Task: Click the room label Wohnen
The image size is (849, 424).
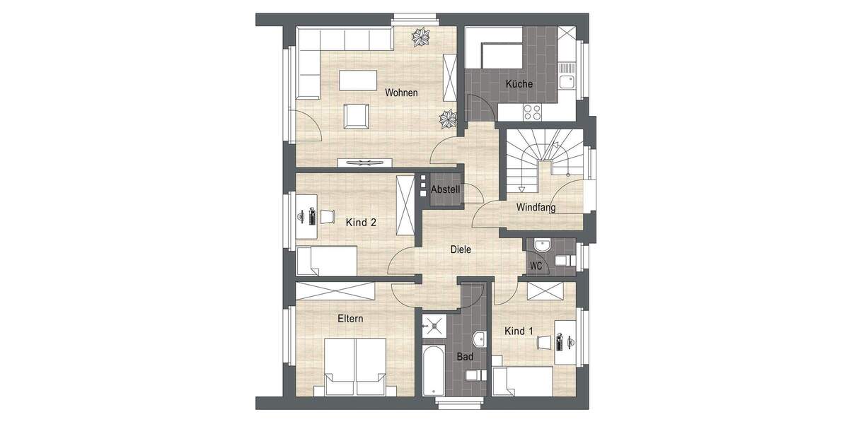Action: tap(401, 93)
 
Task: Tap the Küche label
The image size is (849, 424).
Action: tap(519, 84)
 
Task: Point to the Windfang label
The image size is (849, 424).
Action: tap(536, 208)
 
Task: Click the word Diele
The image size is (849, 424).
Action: tap(461, 249)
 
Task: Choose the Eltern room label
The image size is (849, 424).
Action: tap(350, 319)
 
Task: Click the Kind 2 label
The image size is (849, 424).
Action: tap(361, 222)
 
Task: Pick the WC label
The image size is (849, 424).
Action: tap(536, 266)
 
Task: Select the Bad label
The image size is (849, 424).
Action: tap(465, 357)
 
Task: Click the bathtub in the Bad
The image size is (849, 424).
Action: tap(432, 370)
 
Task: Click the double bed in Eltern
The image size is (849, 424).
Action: tap(355, 366)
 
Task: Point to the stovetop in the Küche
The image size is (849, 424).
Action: tap(532, 112)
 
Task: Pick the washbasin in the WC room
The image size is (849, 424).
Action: tap(543, 246)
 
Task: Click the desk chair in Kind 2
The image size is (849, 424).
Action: tap(328, 216)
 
